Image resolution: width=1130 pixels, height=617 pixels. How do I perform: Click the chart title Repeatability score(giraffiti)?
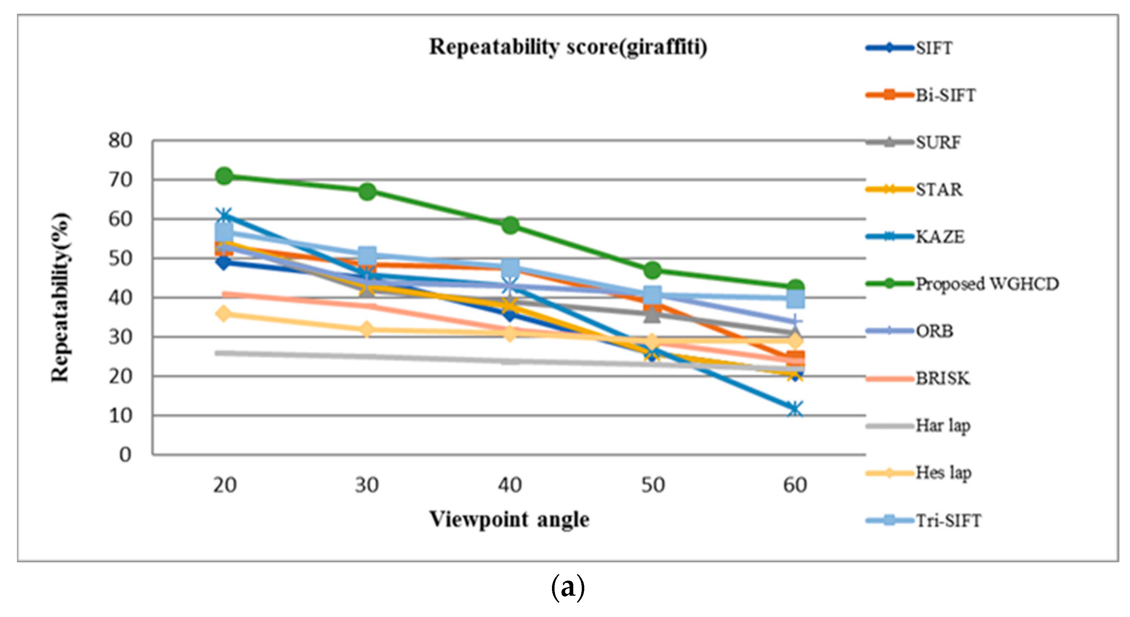tap(568, 47)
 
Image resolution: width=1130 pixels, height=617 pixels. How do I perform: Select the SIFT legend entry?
tap(934, 48)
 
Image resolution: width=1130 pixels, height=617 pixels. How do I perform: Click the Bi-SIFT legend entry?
tap(945, 95)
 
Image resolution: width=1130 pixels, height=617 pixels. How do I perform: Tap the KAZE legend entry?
tap(940, 237)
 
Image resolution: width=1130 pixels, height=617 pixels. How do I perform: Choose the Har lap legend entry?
tap(943, 426)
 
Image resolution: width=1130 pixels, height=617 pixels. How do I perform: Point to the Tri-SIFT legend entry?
tap(948, 521)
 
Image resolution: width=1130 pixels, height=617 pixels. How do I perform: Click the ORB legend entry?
tap(934, 331)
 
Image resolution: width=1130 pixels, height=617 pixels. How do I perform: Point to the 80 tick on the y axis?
tap(120, 141)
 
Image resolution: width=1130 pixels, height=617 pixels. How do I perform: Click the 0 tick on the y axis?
tap(126, 455)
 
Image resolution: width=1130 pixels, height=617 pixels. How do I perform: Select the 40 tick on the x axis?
tap(510, 486)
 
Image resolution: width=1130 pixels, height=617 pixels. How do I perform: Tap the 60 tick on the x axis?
tap(795, 486)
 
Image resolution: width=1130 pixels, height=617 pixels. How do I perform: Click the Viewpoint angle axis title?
tap(509, 520)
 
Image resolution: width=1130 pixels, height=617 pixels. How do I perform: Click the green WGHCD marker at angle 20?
tap(224, 176)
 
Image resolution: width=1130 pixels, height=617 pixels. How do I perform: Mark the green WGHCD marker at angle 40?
tap(510, 225)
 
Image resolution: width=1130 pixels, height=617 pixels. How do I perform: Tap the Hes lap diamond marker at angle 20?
tap(224, 314)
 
